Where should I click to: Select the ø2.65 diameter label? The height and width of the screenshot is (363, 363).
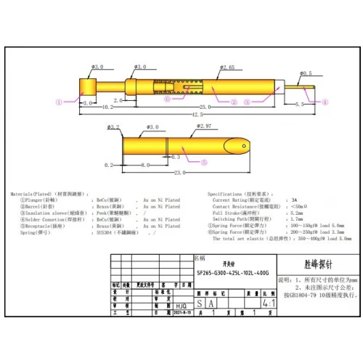click(227, 68)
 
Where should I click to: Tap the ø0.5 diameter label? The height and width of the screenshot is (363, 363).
click(306, 73)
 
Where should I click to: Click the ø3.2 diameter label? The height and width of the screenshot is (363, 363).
click(113, 127)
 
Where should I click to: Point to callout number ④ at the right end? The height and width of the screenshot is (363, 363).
click(325, 102)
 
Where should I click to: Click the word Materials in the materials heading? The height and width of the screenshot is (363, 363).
click(25, 194)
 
